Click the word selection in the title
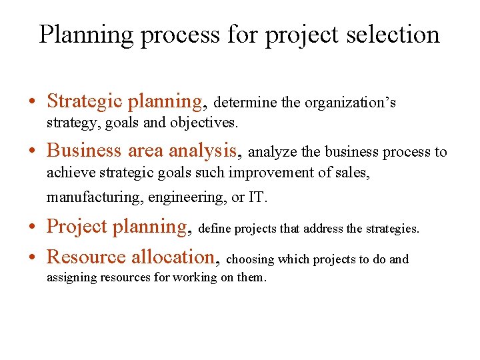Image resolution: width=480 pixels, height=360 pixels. pos(398,35)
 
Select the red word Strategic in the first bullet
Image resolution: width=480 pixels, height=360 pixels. pos(85,101)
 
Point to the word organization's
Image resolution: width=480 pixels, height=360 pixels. pos(350,103)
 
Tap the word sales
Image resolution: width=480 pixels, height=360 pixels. pos(353,173)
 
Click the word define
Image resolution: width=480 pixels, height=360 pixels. pos(215,229)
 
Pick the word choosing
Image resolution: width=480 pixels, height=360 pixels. pos(250,259)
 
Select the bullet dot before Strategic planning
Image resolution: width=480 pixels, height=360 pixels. pos(33,103)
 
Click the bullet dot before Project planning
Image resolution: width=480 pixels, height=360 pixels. pos(33,228)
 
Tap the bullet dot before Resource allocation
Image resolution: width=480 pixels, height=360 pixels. pos(33,258)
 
